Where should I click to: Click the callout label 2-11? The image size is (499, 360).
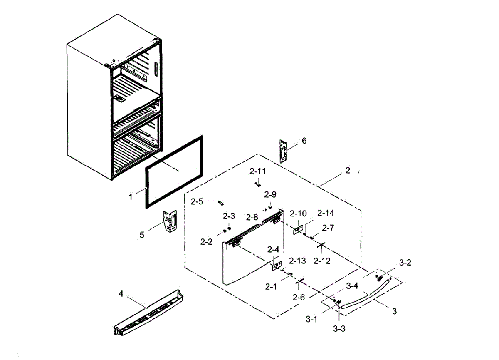(257, 171)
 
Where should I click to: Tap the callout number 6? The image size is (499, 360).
(304, 141)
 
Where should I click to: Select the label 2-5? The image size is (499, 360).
(197, 202)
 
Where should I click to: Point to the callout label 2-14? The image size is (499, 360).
(326, 214)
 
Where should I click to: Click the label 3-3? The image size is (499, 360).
(339, 328)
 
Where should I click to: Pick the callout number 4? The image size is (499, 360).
(121, 294)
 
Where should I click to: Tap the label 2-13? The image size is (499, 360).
(297, 261)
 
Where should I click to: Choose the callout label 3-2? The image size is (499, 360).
(405, 263)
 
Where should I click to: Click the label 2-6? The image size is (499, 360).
(299, 297)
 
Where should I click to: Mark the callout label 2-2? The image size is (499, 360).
(207, 241)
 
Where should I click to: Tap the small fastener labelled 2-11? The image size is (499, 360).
(257, 184)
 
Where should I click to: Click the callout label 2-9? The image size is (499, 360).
(270, 194)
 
